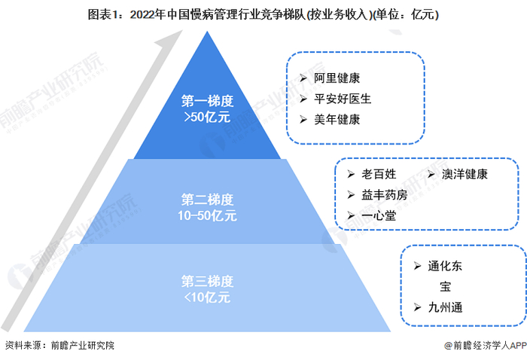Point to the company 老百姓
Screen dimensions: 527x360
coord(379,175)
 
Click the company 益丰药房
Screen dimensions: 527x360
coord(385,195)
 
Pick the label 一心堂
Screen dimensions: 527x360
coord(379,215)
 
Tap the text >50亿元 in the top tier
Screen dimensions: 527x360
coord(207,117)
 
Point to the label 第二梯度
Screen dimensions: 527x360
coord(207,200)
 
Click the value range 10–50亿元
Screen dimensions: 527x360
coord(207,216)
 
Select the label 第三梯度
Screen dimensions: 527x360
coord(207,281)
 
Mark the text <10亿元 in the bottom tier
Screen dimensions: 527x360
coord(207,297)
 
